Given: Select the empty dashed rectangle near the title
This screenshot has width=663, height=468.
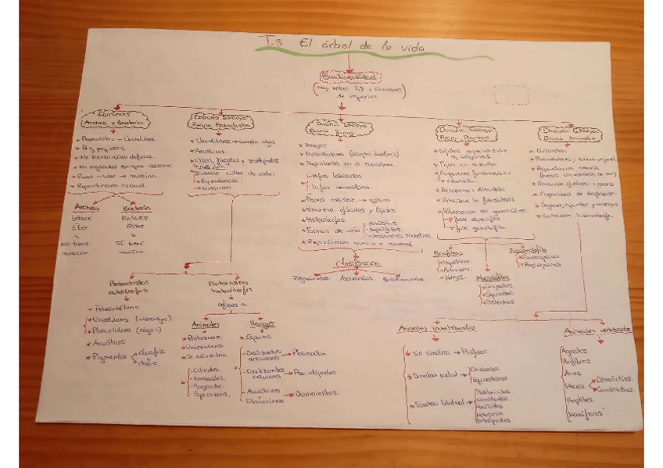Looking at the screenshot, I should coord(512,95).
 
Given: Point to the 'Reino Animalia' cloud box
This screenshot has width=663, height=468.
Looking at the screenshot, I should coord(568,134).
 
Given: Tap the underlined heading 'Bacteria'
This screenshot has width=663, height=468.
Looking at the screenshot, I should coord(135,209).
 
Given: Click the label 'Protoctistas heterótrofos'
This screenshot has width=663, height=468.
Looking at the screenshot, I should coord(231,288).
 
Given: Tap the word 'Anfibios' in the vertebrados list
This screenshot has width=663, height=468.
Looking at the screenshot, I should coord(576,362).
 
